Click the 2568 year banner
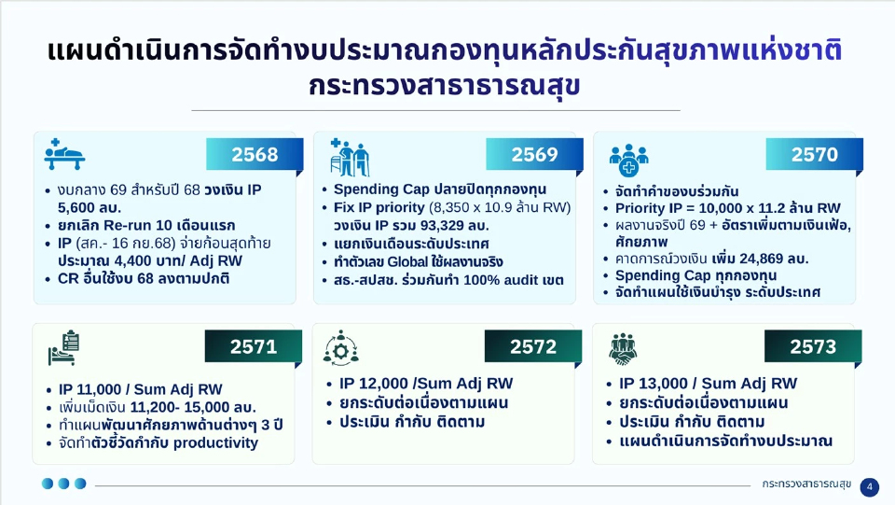point(255,155)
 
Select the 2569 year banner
point(534,155)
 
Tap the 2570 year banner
point(814,155)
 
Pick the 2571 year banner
point(254,347)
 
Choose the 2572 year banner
point(533,347)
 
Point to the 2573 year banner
point(813,347)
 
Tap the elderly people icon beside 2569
point(351,157)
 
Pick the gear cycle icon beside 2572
point(341,348)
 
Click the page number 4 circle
point(869,486)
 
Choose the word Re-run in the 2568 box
point(130,225)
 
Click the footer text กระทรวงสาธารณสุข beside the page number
point(806,485)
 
